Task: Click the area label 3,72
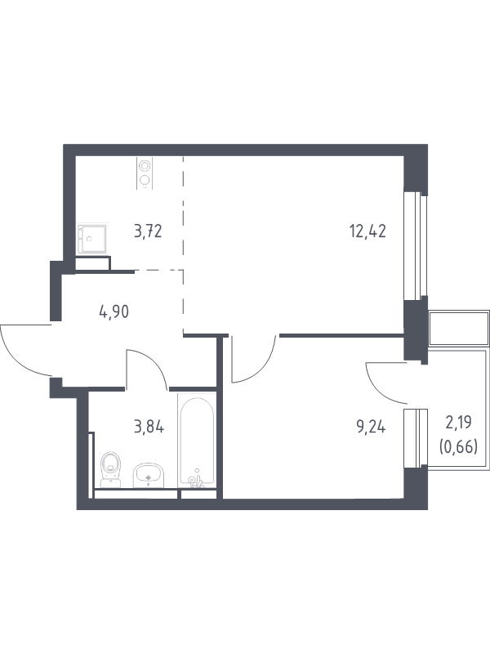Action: [x=148, y=231]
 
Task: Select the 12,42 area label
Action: [x=367, y=231]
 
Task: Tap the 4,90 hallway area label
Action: [x=114, y=311]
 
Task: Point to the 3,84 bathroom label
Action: [x=149, y=427]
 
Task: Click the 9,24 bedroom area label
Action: [x=371, y=427]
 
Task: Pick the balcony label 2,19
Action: [x=458, y=423]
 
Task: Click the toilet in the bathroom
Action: [x=110, y=469]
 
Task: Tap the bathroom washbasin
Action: [x=149, y=475]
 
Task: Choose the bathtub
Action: [x=197, y=441]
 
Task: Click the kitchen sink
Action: [x=92, y=239]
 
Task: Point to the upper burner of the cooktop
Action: [x=145, y=166]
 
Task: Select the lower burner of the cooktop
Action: [x=145, y=180]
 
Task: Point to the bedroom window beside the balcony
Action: [x=416, y=437]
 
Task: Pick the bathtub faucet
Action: [x=195, y=481]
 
